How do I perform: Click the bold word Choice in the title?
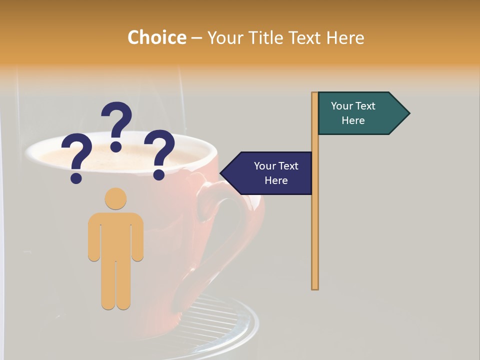156,37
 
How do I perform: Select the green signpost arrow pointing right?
360,113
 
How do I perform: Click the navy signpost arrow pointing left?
270,173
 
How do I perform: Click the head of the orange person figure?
115,198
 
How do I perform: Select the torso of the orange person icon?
115,235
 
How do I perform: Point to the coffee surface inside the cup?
125,155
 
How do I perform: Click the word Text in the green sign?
365,106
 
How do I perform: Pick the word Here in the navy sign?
276,180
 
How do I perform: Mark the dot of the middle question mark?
116,146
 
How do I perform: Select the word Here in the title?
345,37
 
